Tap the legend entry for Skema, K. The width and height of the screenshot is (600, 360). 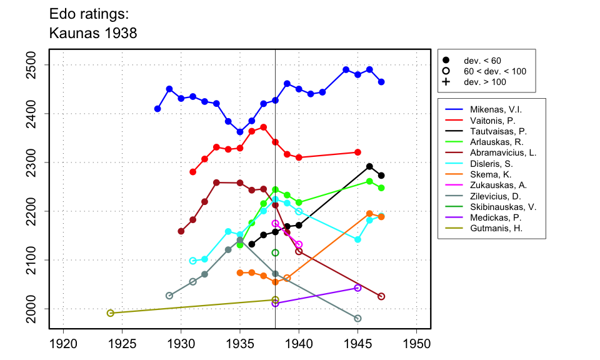tap(481, 174)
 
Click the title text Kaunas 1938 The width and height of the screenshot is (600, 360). tap(92, 32)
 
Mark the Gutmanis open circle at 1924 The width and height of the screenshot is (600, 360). tap(111, 313)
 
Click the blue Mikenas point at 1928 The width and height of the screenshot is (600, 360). tap(157, 109)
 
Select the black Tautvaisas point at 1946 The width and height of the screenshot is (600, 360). tap(369, 166)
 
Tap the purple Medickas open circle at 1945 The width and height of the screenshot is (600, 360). tap(357, 288)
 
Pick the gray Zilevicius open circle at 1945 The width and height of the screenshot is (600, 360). tap(357, 319)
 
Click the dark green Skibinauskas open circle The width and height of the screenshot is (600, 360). tap(275, 252)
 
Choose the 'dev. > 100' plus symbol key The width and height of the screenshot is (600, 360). tap(446, 82)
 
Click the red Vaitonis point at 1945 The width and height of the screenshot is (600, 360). tap(357, 152)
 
